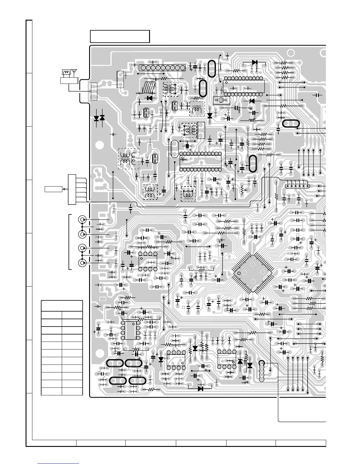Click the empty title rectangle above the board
point(120,36)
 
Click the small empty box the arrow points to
point(53,189)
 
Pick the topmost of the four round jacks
point(82,220)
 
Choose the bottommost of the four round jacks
point(82,263)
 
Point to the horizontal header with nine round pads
point(162,68)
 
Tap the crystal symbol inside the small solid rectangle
point(221,100)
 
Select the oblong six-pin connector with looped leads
point(297,185)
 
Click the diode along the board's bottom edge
point(201,389)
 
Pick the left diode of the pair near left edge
point(96,118)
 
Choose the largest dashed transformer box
point(129,159)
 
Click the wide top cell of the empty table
point(62,306)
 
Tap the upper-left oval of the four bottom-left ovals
point(115,363)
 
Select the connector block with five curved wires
point(72,189)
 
